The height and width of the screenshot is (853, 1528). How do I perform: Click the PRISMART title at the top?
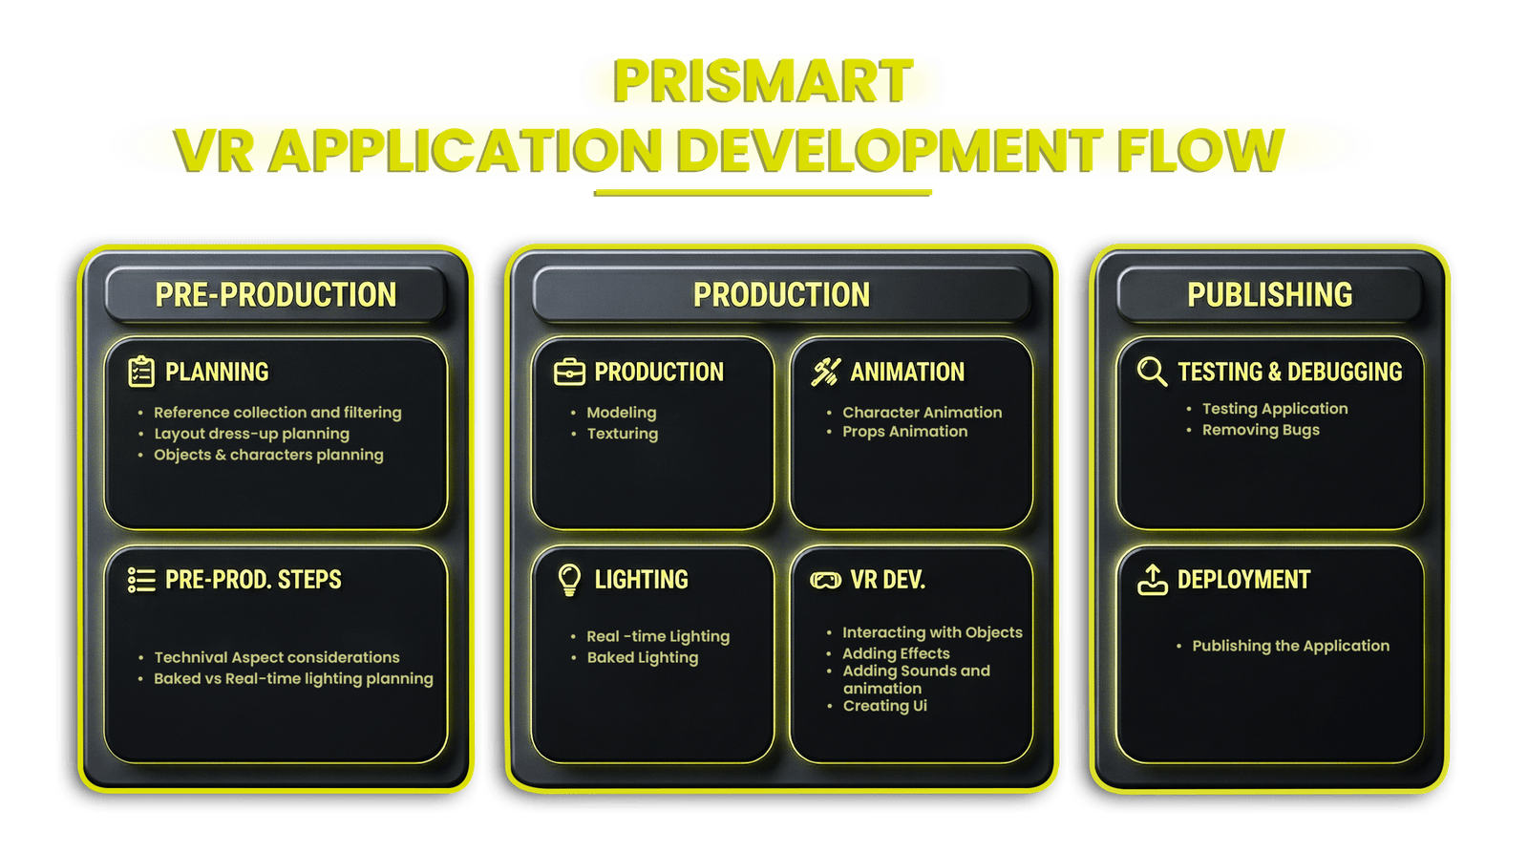tap(762, 81)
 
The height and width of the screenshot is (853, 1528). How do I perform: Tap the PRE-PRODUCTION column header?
tap(275, 294)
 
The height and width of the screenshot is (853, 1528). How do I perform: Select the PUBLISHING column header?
tap(1269, 294)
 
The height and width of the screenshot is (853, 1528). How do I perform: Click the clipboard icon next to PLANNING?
tap(141, 372)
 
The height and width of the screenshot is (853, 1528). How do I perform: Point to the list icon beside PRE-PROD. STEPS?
tap(141, 580)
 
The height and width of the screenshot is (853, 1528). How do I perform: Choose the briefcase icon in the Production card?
tap(569, 372)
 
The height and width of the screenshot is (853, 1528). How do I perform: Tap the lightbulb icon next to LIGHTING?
tap(569, 579)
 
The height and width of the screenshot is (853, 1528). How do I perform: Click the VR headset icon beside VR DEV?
tap(825, 580)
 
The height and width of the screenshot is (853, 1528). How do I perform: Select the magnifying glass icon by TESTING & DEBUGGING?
tap(1152, 372)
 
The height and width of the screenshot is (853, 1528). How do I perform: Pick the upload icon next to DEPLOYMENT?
tap(1153, 580)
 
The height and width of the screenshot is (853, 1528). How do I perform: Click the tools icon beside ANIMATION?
tap(825, 372)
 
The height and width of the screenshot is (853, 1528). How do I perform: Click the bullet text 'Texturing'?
tap(622, 434)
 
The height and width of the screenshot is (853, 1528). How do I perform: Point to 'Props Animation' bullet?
tap(904, 432)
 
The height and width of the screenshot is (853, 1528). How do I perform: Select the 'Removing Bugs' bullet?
tap(1261, 430)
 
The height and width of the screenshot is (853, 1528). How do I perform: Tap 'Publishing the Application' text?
tap(1290, 646)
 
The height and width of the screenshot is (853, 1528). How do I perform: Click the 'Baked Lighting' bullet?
tap(642, 657)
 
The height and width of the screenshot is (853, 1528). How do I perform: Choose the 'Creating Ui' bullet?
tap(884, 706)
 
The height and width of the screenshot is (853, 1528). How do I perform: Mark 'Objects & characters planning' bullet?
tap(268, 455)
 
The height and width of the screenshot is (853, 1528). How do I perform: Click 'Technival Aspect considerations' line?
tap(277, 657)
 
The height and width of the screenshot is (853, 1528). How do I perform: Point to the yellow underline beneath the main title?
tap(762, 194)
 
